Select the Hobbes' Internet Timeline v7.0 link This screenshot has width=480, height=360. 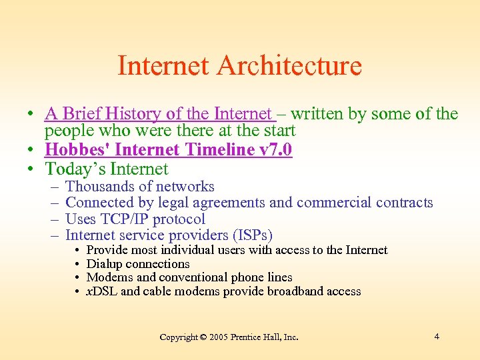pos(168,150)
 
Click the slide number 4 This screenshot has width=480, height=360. pos(436,336)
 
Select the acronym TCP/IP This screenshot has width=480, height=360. pos(127,219)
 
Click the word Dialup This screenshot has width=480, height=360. pos(105,263)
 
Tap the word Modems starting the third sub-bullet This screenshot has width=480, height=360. pos(108,277)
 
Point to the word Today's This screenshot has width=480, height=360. pos(75,169)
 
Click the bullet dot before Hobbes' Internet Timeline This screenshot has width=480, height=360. pos(32,151)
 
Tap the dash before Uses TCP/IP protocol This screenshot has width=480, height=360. pos(53,219)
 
